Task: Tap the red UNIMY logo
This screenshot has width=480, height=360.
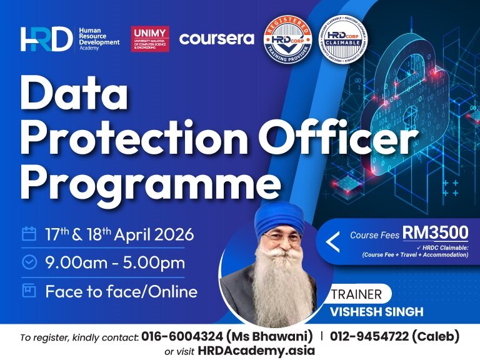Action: pyautogui.click(x=150, y=39)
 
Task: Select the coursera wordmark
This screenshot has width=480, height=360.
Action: pyautogui.click(x=216, y=39)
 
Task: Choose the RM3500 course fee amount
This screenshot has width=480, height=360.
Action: pyautogui.click(x=435, y=232)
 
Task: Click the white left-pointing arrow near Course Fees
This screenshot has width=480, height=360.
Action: pyautogui.click(x=333, y=242)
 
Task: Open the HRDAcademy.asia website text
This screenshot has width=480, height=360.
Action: pyautogui.click(x=256, y=351)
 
